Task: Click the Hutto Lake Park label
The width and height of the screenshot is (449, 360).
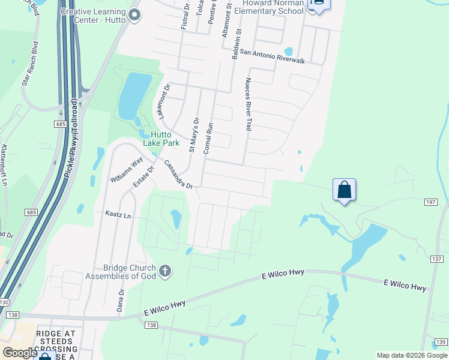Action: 161,139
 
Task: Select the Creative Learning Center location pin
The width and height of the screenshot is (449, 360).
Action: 134,16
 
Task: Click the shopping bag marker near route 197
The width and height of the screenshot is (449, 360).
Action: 345,190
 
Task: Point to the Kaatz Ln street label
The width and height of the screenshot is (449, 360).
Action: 118,214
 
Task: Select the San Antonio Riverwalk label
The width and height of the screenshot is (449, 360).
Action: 273,56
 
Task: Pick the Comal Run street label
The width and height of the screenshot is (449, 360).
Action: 208,139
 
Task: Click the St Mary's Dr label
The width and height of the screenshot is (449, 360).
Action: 193,134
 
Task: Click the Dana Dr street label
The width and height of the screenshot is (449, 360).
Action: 121,300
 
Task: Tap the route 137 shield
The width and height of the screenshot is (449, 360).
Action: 436,259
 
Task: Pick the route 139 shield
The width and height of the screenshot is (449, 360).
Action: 440,342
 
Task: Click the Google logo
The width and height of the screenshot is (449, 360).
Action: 20,353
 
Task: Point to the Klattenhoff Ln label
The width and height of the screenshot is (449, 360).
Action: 4,164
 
